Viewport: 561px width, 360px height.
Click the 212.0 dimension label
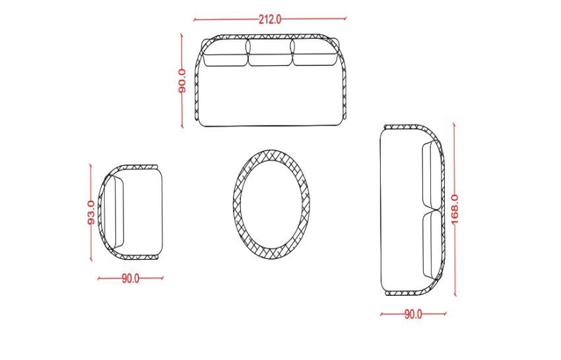270,19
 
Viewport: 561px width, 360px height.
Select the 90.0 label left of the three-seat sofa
182,81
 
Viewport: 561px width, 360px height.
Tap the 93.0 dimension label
91,213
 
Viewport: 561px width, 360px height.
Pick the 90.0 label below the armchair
131,279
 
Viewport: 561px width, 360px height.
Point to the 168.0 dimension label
454,209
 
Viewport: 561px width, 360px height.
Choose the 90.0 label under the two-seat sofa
413,314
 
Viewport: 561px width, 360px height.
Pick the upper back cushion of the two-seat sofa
432,175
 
